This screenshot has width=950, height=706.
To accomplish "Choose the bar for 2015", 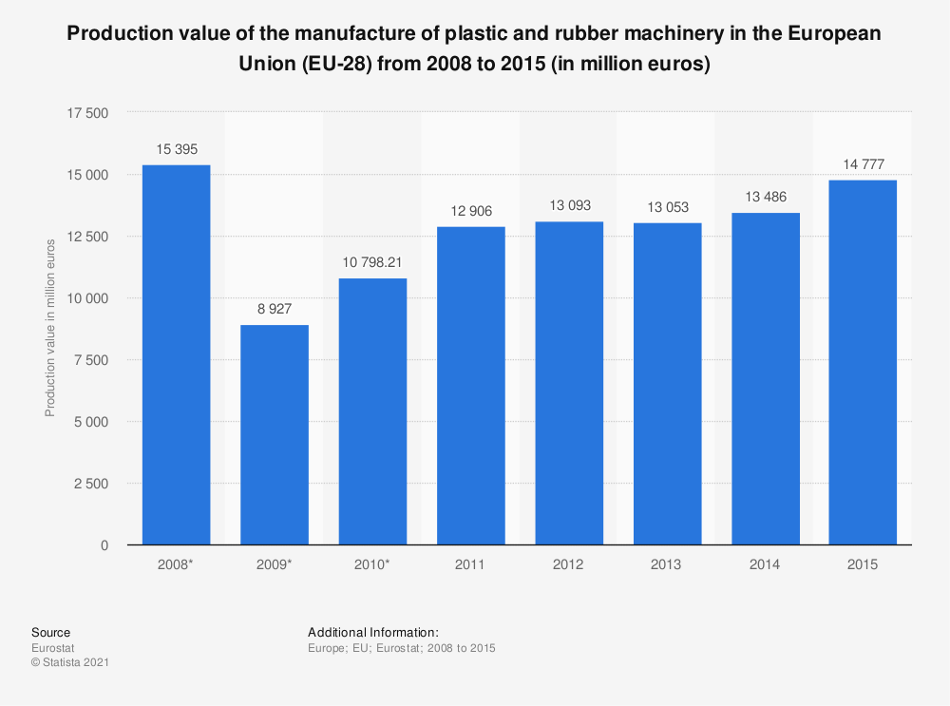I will tap(862, 362).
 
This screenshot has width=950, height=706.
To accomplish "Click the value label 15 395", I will tap(176, 149).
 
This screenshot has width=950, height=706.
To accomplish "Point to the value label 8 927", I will tap(275, 309).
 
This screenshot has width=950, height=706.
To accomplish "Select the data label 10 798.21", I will tap(372, 262).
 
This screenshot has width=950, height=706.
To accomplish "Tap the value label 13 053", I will tap(667, 207).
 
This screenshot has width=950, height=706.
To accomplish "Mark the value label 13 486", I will tap(765, 197).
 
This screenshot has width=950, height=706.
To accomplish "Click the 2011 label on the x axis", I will tap(470, 564).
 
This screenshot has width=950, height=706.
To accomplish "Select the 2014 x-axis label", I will tap(765, 564).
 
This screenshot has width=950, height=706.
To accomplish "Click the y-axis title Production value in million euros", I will tap(50, 327).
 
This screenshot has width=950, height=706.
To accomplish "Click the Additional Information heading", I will tap(372, 632).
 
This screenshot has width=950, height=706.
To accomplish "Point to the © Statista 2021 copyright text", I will tap(70, 662).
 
